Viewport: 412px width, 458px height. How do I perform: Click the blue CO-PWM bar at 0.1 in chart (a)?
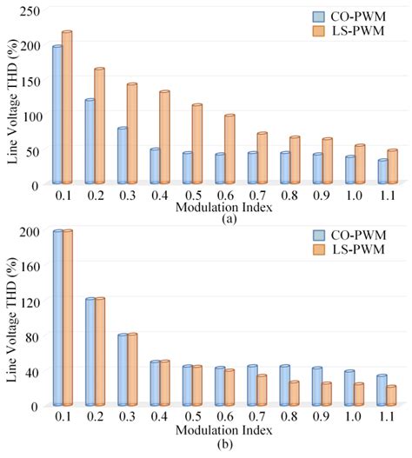pos(57,115)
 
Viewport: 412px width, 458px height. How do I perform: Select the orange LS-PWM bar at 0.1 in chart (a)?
pos(67,108)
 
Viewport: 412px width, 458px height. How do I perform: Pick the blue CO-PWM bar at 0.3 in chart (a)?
pos(123,156)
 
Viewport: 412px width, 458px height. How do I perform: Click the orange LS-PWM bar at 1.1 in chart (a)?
pos(392,167)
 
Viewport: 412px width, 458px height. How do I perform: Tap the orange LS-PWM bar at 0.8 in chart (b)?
pos(294,394)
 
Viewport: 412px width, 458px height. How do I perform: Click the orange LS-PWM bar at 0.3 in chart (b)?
pos(132,369)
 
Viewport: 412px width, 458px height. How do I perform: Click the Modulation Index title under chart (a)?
pos(213,209)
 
